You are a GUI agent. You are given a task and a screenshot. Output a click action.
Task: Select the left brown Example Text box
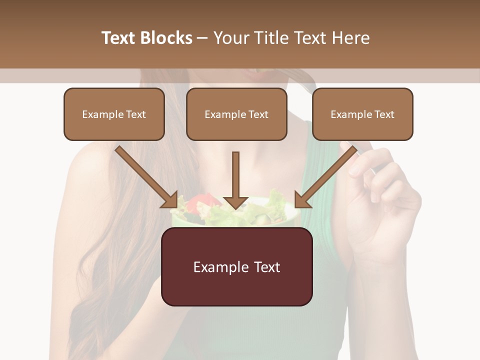coord(114,114)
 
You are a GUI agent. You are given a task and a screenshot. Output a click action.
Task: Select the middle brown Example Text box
coord(236,114)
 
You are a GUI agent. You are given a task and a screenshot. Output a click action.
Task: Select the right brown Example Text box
coord(362,114)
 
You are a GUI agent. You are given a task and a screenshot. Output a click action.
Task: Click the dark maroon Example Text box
coord(236,267)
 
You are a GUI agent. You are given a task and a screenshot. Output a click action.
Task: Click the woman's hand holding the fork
coord(385,200)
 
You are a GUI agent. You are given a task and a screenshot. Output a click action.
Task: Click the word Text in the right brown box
coord(384,114)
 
